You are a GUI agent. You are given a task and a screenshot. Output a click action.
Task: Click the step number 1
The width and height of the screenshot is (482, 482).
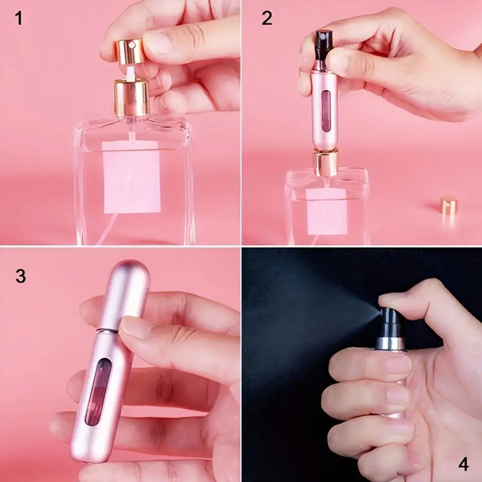[x=19, y=18]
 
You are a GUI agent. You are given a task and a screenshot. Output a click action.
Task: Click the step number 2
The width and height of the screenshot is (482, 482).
[x=267, y=18]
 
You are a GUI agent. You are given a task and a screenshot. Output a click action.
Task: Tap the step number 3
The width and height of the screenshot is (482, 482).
[x=20, y=277]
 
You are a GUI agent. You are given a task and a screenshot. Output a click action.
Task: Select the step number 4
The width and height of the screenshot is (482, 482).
[x=463, y=464]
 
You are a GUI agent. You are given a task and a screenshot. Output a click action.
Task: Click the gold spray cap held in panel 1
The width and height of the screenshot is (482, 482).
[x=130, y=52]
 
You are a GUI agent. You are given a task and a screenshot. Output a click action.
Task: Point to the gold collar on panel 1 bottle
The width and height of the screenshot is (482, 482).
[x=131, y=98]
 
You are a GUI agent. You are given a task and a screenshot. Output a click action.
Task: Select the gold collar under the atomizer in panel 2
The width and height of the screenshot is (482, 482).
[x=325, y=163]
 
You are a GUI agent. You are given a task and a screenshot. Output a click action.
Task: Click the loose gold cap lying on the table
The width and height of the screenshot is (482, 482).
[x=448, y=207]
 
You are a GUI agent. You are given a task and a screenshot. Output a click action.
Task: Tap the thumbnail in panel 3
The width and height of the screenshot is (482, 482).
[x=136, y=327]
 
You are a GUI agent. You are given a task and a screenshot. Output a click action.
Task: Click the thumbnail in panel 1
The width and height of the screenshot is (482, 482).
[x=161, y=43]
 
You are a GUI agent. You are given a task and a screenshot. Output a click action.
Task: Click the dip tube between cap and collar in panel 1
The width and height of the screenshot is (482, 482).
[x=131, y=72]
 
